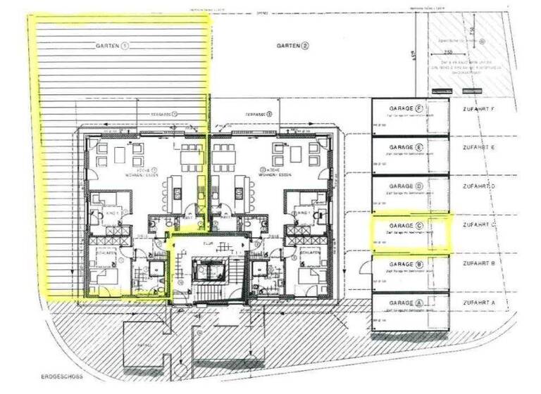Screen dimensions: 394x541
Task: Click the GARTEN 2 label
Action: pyautogui.click(x=292, y=46)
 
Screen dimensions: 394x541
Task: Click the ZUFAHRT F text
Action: pyautogui.click(x=479, y=109)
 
